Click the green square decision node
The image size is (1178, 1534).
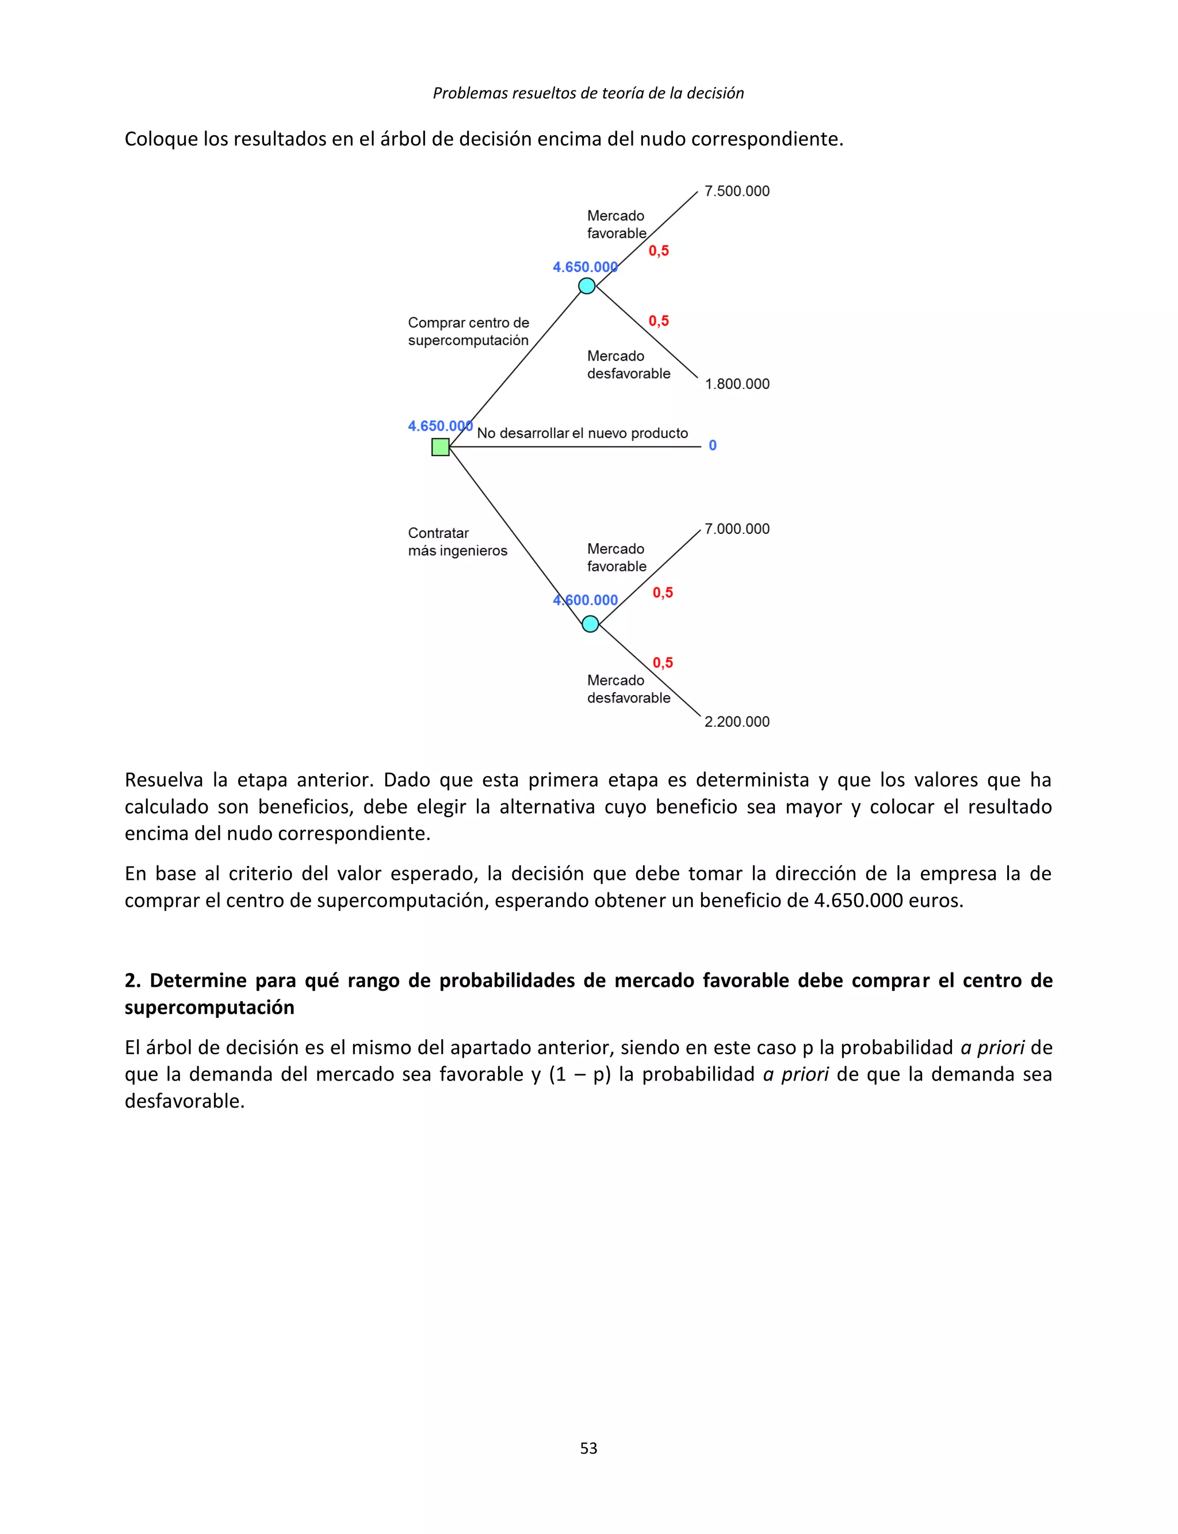click(441, 447)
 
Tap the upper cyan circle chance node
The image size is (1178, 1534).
click(587, 286)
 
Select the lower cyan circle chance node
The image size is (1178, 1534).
click(590, 624)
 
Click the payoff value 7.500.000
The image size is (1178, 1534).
click(737, 192)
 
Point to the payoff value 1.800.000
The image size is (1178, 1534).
click(737, 384)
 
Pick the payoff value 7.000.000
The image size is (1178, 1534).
click(737, 529)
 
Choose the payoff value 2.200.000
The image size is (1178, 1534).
click(737, 722)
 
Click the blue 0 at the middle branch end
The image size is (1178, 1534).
click(713, 445)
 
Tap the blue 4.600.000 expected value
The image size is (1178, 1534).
click(586, 600)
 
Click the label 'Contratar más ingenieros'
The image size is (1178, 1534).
click(457, 541)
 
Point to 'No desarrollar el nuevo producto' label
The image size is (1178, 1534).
click(582, 433)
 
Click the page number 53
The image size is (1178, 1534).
click(588, 1448)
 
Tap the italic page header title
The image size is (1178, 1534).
click(588, 93)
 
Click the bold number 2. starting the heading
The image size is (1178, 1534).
click(132, 980)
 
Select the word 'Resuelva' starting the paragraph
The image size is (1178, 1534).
click(163, 780)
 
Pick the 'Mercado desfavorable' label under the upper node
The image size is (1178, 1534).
click(628, 365)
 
